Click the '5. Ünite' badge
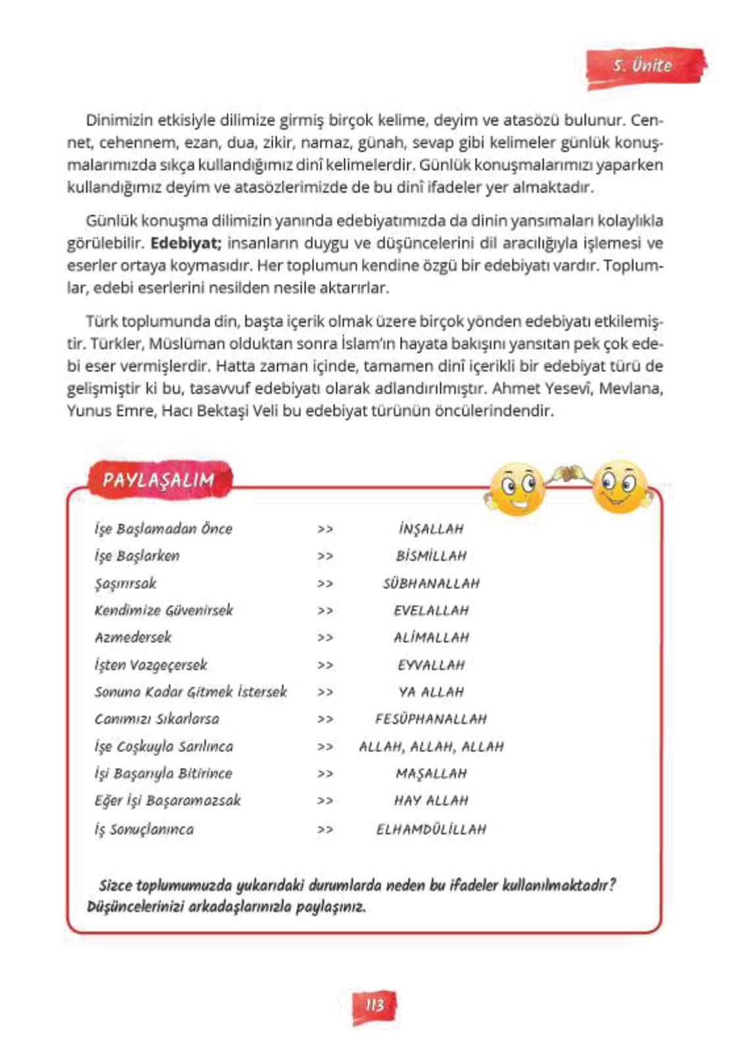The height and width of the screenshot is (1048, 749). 643,66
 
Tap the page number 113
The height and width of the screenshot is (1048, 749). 374,1005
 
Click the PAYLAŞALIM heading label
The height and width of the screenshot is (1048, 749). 158,479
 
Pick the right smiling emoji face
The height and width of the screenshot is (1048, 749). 618,487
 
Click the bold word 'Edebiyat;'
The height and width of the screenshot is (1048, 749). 186,243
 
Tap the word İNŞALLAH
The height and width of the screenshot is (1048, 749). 431,529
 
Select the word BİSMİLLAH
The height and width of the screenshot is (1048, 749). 431,556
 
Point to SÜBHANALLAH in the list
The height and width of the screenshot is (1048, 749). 431,584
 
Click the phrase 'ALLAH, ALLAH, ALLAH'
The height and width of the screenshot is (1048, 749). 431,747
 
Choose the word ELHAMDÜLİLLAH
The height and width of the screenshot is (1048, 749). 431,830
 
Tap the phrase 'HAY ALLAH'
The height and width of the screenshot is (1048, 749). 431,801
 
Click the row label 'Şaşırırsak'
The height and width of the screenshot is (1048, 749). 125,584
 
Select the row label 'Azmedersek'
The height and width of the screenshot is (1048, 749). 133,638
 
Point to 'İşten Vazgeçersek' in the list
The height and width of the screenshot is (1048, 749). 150,665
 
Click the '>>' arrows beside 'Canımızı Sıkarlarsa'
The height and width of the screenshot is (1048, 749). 325,720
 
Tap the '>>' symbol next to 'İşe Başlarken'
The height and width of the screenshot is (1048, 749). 325,556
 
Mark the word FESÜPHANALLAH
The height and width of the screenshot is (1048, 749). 431,719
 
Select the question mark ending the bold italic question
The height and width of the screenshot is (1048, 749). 612,885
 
